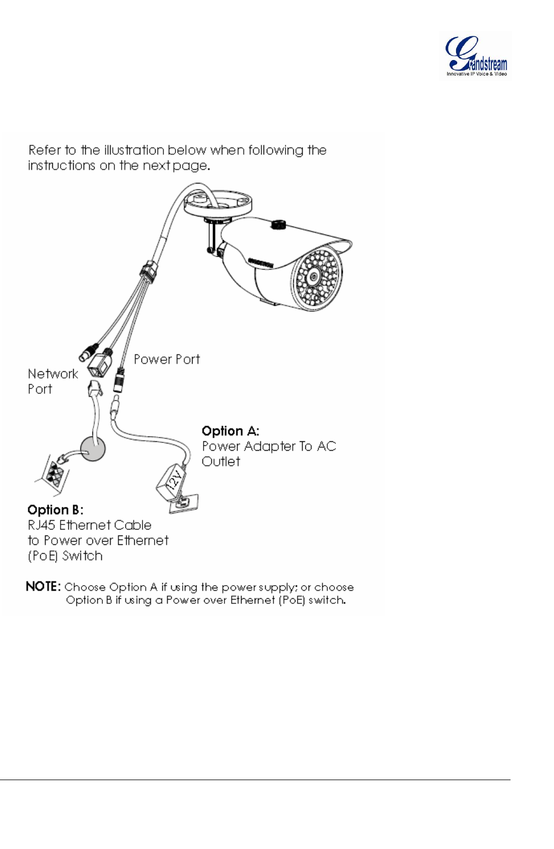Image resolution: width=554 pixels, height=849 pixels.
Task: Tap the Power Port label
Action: click(x=167, y=360)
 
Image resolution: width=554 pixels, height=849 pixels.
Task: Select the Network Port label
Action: click(x=52, y=381)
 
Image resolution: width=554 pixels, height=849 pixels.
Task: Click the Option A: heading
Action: click(x=230, y=431)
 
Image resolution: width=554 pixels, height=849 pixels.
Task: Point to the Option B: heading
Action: click(x=55, y=510)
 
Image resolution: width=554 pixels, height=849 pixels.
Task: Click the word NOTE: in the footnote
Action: click(x=43, y=587)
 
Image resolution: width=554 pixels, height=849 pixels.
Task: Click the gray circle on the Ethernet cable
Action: click(x=92, y=449)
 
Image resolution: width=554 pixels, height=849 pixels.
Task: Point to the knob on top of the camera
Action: click(x=278, y=224)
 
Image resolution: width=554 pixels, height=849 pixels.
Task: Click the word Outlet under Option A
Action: click(x=221, y=462)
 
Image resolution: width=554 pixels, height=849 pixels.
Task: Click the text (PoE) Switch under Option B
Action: click(x=65, y=556)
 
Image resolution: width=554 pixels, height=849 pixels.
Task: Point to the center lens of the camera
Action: click(x=314, y=277)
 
